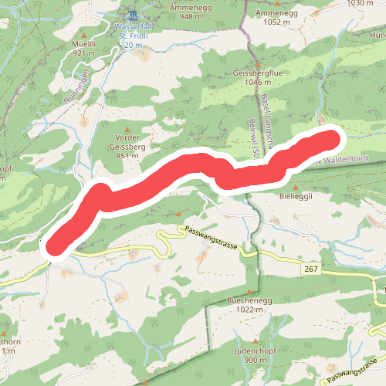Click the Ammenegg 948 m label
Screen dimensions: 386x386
click(x=191, y=10)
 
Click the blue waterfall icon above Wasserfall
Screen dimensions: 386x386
click(x=133, y=15)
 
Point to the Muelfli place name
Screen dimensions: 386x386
click(x=83, y=49)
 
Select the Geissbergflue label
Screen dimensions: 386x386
click(x=246, y=75)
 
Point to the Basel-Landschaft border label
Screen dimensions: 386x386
click(x=265, y=107)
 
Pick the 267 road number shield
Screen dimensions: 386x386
click(x=311, y=268)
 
